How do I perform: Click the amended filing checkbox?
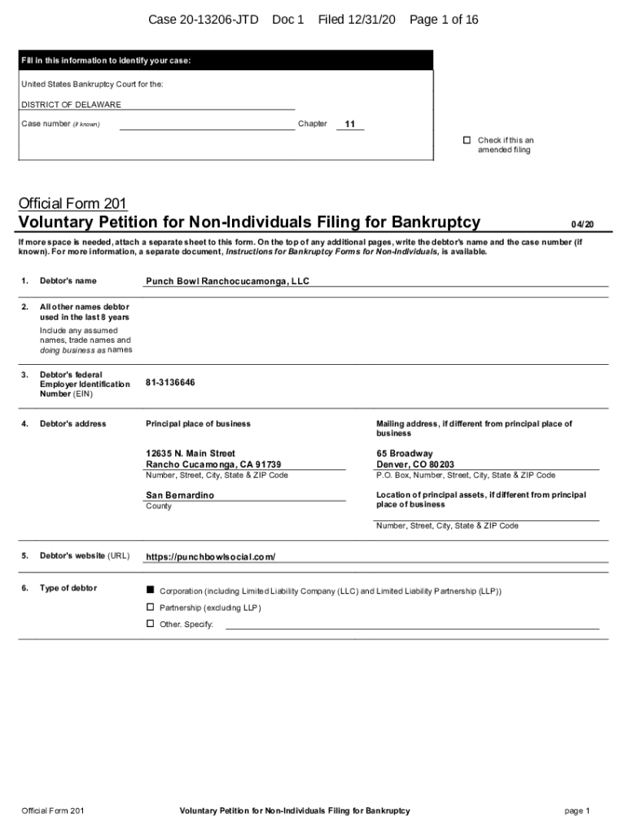pyautogui.click(x=467, y=140)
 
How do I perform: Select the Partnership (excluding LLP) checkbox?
pyautogui.click(x=150, y=607)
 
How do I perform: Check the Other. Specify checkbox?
pyautogui.click(x=150, y=623)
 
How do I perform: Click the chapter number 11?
pyautogui.click(x=350, y=125)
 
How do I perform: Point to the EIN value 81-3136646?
pyautogui.click(x=170, y=382)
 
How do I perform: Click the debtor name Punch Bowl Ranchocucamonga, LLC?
pyautogui.click(x=227, y=281)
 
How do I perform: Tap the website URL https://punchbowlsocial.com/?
pyautogui.click(x=210, y=557)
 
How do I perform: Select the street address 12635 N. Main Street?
pyautogui.click(x=191, y=453)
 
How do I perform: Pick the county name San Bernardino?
pyautogui.click(x=180, y=495)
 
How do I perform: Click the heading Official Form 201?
pyautogui.click(x=72, y=203)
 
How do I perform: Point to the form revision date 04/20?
pyautogui.click(x=582, y=224)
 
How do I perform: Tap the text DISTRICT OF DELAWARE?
pyautogui.click(x=71, y=105)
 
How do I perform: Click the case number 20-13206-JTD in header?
pyautogui.click(x=207, y=20)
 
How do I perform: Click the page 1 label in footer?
pyautogui.click(x=577, y=810)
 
